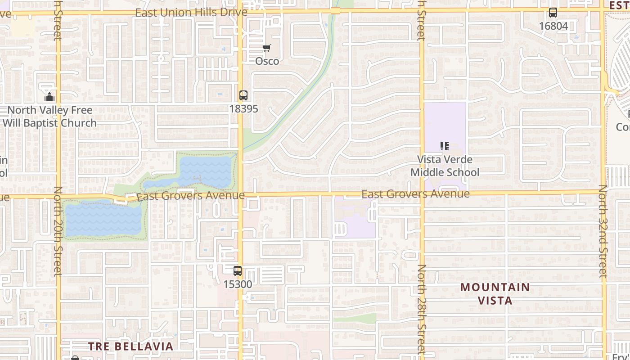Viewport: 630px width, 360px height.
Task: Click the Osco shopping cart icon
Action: (x=267, y=48)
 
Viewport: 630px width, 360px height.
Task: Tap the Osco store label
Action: (x=267, y=61)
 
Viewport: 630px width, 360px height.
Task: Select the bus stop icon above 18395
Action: (x=243, y=95)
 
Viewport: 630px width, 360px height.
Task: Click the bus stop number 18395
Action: (x=243, y=108)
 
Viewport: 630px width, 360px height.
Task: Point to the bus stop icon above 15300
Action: (x=238, y=271)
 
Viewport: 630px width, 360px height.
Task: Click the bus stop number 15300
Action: (x=238, y=284)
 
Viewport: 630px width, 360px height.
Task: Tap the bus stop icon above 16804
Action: (x=553, y=13)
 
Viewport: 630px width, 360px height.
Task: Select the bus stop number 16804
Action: (x=553, y=26)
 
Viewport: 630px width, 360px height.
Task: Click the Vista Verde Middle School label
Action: (x=445, y=166)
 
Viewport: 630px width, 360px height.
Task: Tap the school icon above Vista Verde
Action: (x=445, y=146)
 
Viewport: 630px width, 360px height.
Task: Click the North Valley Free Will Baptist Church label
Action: (x=49, y=116)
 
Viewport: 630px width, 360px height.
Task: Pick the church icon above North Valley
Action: (x=49, y=97)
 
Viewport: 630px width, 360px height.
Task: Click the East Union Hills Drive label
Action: (x=191, y=12)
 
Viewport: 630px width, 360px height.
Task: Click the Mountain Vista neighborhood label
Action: (x=495, y=293)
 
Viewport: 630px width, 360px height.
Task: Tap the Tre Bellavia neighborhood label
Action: (x=130, y=346)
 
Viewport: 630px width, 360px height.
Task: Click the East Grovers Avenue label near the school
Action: (x=415, y=194)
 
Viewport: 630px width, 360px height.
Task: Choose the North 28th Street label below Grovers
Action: (x=421, y=310)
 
